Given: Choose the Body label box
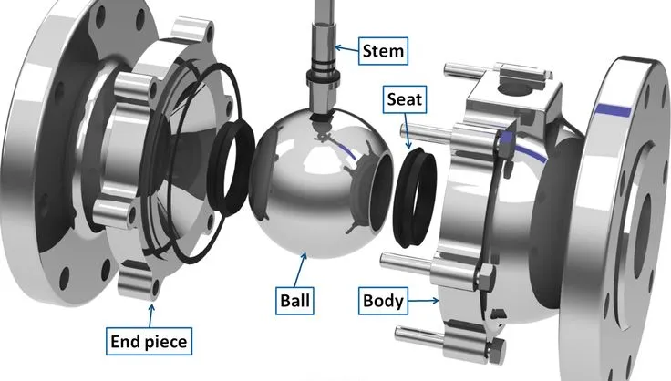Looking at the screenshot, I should [x=383, y=299].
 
